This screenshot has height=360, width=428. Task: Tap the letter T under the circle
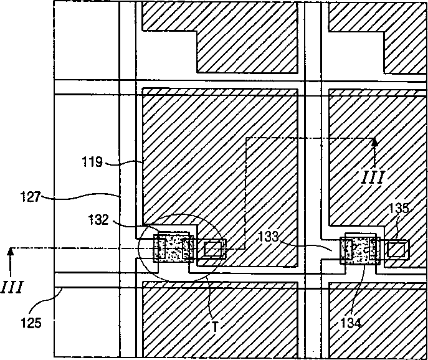click(213, 325)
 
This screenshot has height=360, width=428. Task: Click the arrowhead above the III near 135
click(374, 142)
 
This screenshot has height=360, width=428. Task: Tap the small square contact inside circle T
click(212, 249)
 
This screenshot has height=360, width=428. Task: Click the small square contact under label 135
click(396, 249)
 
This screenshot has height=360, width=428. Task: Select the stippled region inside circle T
click(171, 249)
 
